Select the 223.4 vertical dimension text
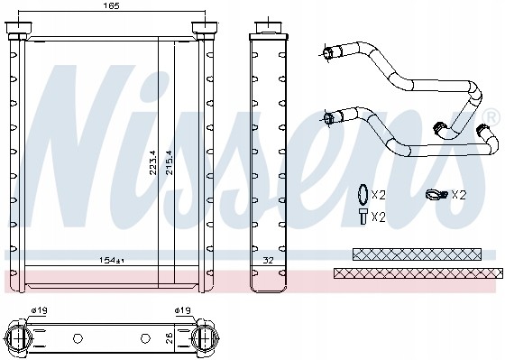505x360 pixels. (x=151, y=162)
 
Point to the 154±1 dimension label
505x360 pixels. (x=113, y=261)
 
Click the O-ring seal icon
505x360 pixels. (x=360, y=194)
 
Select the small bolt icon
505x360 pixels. (x=361, y=216)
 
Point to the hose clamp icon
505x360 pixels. (x=435, y=194)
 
